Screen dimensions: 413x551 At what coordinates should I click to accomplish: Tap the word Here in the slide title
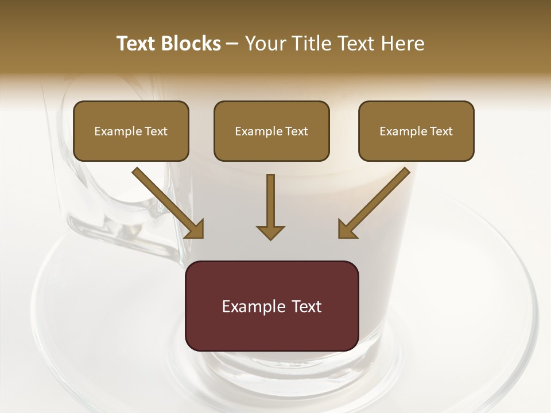coord(402,44)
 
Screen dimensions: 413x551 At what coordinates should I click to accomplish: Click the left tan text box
coord(131,131)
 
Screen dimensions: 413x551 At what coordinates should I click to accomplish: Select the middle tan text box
coord(271,131)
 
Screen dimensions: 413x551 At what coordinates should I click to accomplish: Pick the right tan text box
coord(416,131)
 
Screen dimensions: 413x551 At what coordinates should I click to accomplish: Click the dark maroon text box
coord(271,306)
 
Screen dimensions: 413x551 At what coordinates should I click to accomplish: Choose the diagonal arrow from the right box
coord(374,202)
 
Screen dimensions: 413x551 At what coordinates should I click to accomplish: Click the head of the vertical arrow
coord(270,232)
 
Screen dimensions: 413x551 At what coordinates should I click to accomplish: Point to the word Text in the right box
coord(441,131)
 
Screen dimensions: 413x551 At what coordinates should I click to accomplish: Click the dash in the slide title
coord(232,44)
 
